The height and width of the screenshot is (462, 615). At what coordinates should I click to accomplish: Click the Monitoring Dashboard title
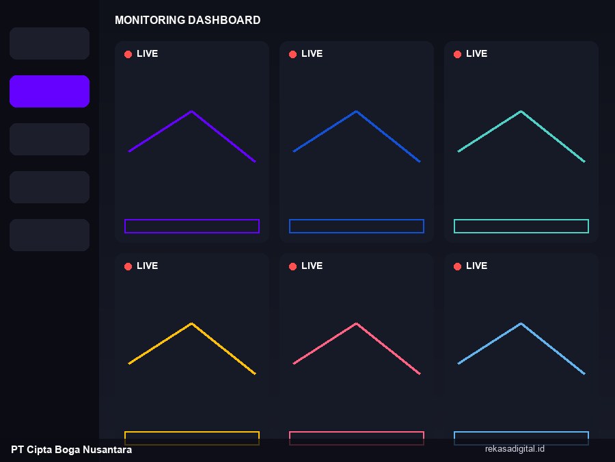[187, 20]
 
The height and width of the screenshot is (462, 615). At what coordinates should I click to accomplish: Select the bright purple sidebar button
[49, 91]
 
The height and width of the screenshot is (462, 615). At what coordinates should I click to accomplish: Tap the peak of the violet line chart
[192, 112]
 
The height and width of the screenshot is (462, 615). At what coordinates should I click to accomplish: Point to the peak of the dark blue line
[357, 112]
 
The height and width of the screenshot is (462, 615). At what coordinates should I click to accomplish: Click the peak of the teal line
[521, 112]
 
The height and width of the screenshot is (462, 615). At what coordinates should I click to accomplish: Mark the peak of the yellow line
[192, 324]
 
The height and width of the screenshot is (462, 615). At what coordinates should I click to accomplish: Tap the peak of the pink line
[357, 324]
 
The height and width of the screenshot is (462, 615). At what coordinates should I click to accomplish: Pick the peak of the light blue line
[521, 324]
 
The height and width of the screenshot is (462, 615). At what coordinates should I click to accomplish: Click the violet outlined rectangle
[192, 220]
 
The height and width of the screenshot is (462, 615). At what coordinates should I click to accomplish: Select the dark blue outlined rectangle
[357, 220]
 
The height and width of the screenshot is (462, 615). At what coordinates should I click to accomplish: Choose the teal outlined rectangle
[521, 220]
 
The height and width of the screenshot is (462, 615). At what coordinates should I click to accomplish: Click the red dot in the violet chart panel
[128, 54]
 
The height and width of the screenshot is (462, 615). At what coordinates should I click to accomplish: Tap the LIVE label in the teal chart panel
[476, 54]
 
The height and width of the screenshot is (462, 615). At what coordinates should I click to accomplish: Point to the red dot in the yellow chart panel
[128, 266]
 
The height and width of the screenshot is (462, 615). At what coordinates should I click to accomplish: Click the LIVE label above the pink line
[312, 266]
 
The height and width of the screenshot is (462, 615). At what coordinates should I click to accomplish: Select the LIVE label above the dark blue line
[312, 54]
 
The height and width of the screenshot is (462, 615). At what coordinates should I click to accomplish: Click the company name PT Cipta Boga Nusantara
[71, 450]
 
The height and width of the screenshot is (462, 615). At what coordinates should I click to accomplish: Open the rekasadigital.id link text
[515, 448]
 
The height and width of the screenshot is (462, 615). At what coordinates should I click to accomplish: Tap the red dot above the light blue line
[457, 266]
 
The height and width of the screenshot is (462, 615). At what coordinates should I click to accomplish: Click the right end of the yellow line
[256, 374]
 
